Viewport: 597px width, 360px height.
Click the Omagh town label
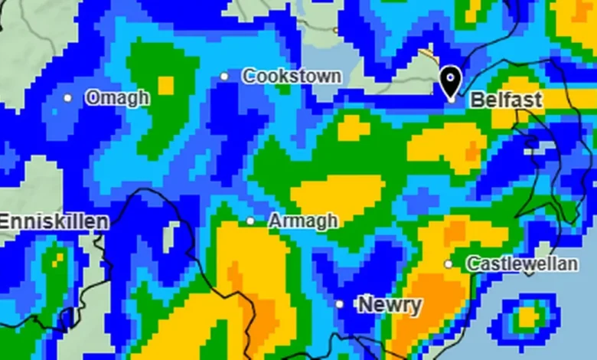click(117, 98)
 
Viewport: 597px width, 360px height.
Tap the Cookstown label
click(292, 76)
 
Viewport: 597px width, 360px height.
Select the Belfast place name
click(506, 100)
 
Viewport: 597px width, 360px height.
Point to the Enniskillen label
click(54, 222)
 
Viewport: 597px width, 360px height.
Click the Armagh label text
click(303, 221)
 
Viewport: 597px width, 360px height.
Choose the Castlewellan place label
click(522, 264)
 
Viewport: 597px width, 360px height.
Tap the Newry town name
click(390, 305)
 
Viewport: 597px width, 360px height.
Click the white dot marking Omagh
click(68, 98)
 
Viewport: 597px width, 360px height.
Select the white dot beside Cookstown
click(224, 76)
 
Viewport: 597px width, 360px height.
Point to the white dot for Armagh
click(250, 221)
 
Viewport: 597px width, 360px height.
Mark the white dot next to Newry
click(340, 304)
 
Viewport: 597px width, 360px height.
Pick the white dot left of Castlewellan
click(449, 264)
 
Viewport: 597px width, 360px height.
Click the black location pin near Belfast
click(451, 80)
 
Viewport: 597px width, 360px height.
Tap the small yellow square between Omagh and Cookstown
click(165, 85)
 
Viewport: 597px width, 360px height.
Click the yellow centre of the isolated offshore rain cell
click(527, 316)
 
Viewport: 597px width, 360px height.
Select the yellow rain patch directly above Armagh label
click(337, 191)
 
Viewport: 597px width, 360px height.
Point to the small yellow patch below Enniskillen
click(57, 259)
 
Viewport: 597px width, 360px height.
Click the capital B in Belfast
click(476, 100)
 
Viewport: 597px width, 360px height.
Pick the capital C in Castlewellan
click(472, 264)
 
